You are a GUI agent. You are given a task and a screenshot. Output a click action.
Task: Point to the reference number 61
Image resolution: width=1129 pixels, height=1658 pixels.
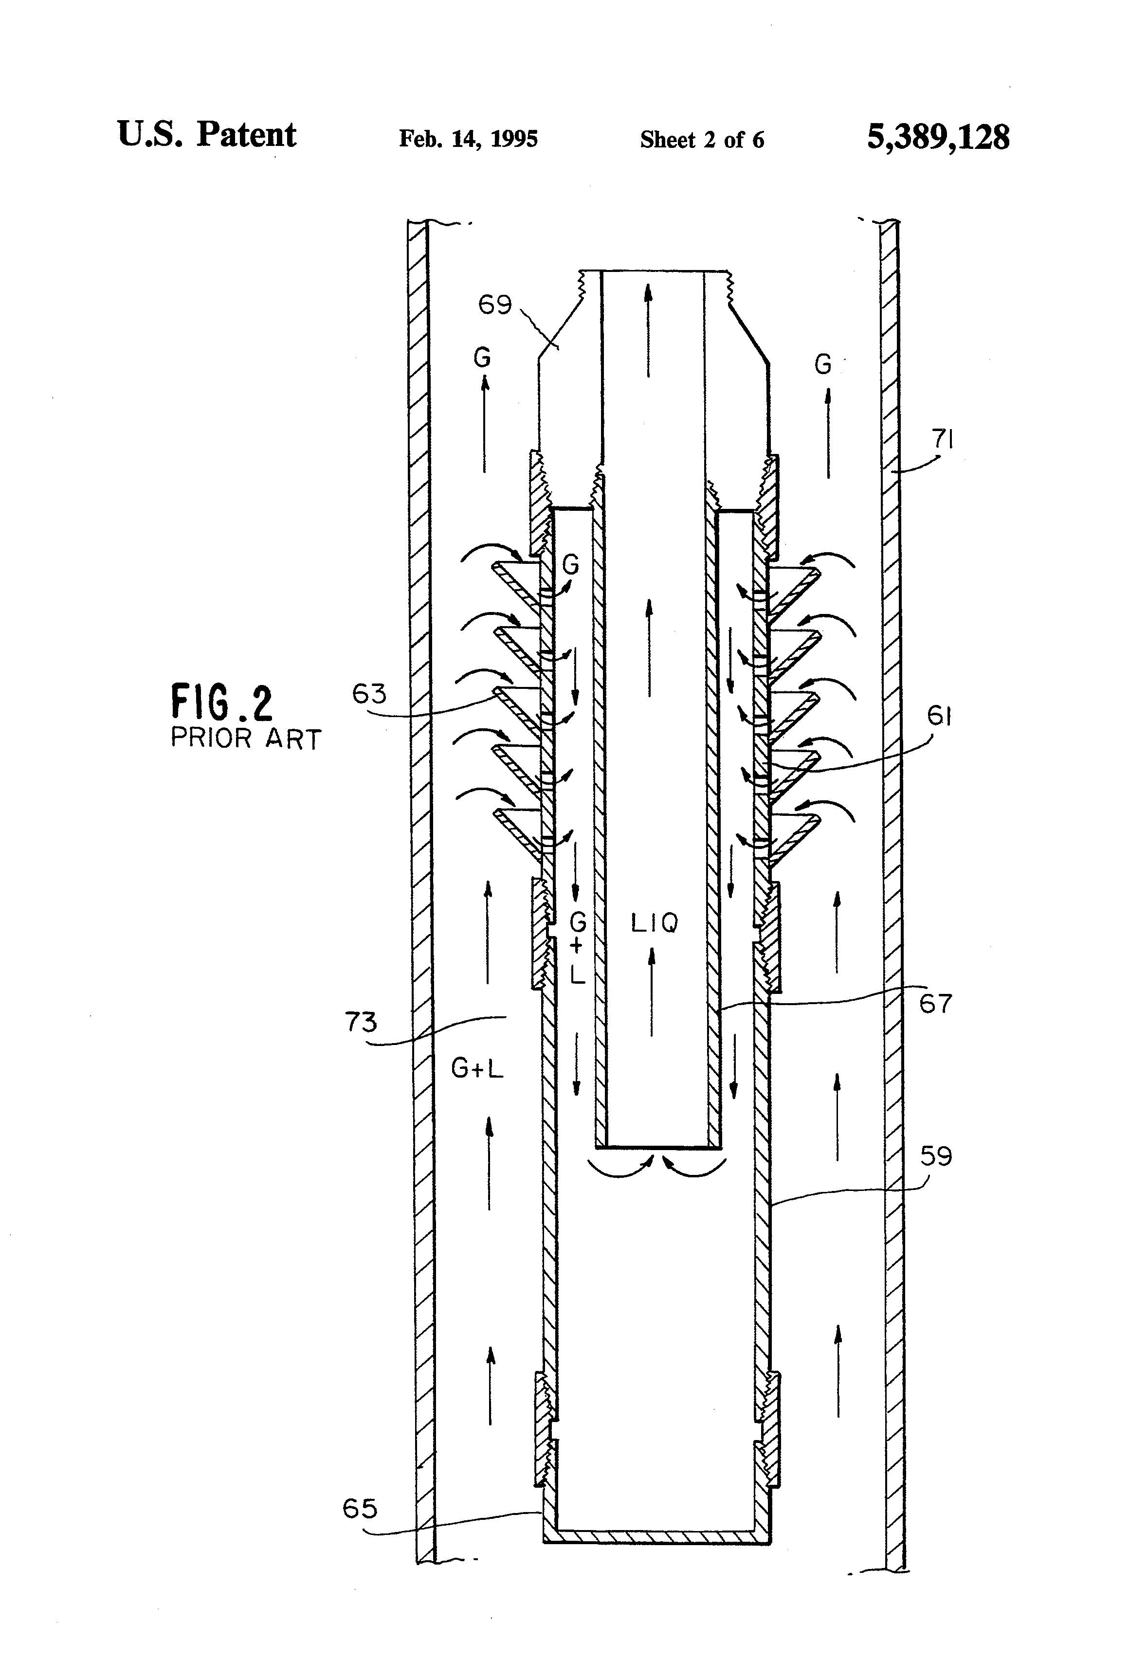(939, 716)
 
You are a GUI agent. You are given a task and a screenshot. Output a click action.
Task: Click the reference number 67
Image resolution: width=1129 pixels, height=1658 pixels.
(935, 1004)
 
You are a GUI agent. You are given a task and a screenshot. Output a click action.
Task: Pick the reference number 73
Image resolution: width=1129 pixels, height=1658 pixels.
(361, 1022)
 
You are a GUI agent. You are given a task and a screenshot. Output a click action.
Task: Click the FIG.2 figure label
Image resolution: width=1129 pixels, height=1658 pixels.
(222, 702)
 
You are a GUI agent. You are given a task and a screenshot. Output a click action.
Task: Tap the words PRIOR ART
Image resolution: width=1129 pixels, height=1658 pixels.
(245, 739)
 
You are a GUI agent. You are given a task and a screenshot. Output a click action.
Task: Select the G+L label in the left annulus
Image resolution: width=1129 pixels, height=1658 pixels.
(477, 1068)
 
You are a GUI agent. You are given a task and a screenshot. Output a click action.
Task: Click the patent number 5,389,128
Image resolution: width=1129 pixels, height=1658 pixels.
(938, 137)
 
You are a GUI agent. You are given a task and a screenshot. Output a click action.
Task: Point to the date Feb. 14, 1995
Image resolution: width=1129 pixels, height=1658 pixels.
(468, 138)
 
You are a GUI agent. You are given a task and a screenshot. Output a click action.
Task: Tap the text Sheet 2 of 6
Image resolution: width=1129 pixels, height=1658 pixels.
(702, 140)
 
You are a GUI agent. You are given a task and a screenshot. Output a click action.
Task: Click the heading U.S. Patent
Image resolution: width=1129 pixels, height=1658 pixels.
(206, 134)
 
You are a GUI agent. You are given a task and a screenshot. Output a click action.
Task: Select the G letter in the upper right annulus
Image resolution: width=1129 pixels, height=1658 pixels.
(823, 365)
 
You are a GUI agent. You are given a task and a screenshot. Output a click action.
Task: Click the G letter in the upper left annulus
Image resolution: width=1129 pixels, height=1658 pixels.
(482, 358)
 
